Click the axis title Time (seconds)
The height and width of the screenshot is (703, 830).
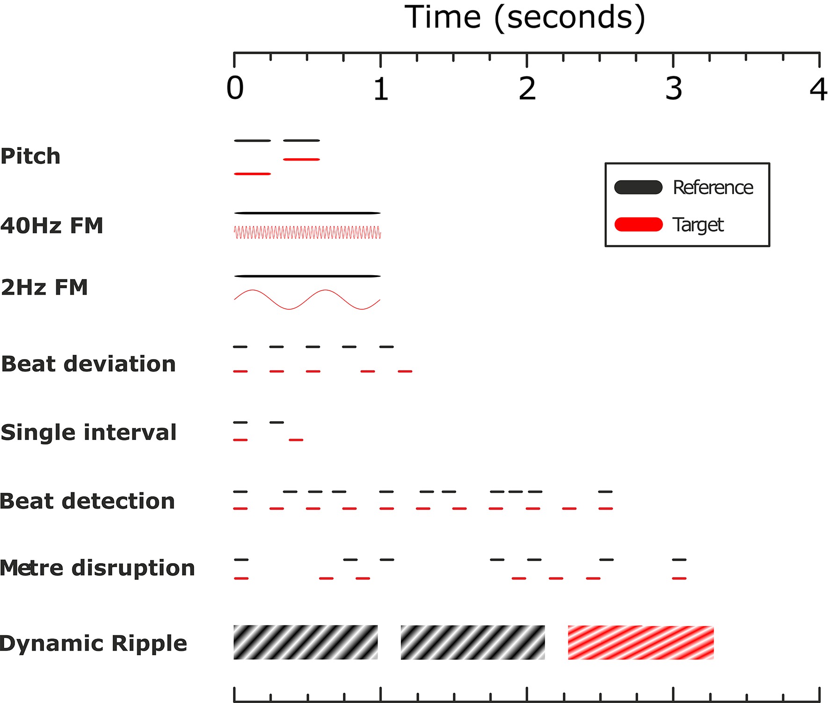pyautogui.click(x=524, y=18)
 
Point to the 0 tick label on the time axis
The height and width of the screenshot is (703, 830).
pyautogui.click(x=235, y=88)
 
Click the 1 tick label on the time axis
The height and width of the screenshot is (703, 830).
pyautogui.click(x=381, y=88)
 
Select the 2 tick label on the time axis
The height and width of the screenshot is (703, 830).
pyautogui.click(x=527, y=88)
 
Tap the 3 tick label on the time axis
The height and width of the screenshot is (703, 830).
pyautogui.click(x=674, y=88)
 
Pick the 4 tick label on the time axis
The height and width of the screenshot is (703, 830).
pyautogui.click(x=818, y=89)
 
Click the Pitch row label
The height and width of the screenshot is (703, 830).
pyautogui.click(x=30, y=156)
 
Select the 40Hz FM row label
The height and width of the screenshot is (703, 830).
pyautogui.click(x=51, y=226)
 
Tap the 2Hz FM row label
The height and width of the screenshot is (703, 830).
pyautogui.click(x=44, y=287)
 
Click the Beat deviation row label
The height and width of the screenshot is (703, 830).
pyautogui.click(x=88, y=364)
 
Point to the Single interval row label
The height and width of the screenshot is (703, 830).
pyautogui.click(x=88, y=432)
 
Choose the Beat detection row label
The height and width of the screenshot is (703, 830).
pyautogui.click(x=87, y=501)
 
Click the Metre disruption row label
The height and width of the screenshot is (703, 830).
pyautogui.click(x=97, y=568)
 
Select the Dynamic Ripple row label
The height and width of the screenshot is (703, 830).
pyautogui.click(x=94, y=643)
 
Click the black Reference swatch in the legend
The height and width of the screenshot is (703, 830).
pyautogui.click(x=638, y=187)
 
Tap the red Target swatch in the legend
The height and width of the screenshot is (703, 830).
pyautogui.click(x=638, y=225)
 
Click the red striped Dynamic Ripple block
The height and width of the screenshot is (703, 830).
pyautogui.click(x=641, y=643)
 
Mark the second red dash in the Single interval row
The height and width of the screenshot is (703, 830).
pyautogui.click(x=296, y=440)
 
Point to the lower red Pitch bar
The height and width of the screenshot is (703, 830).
pyautogui.click(x=252, y=174)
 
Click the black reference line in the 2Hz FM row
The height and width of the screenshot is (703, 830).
pyautogui.click(x=307, y=276)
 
